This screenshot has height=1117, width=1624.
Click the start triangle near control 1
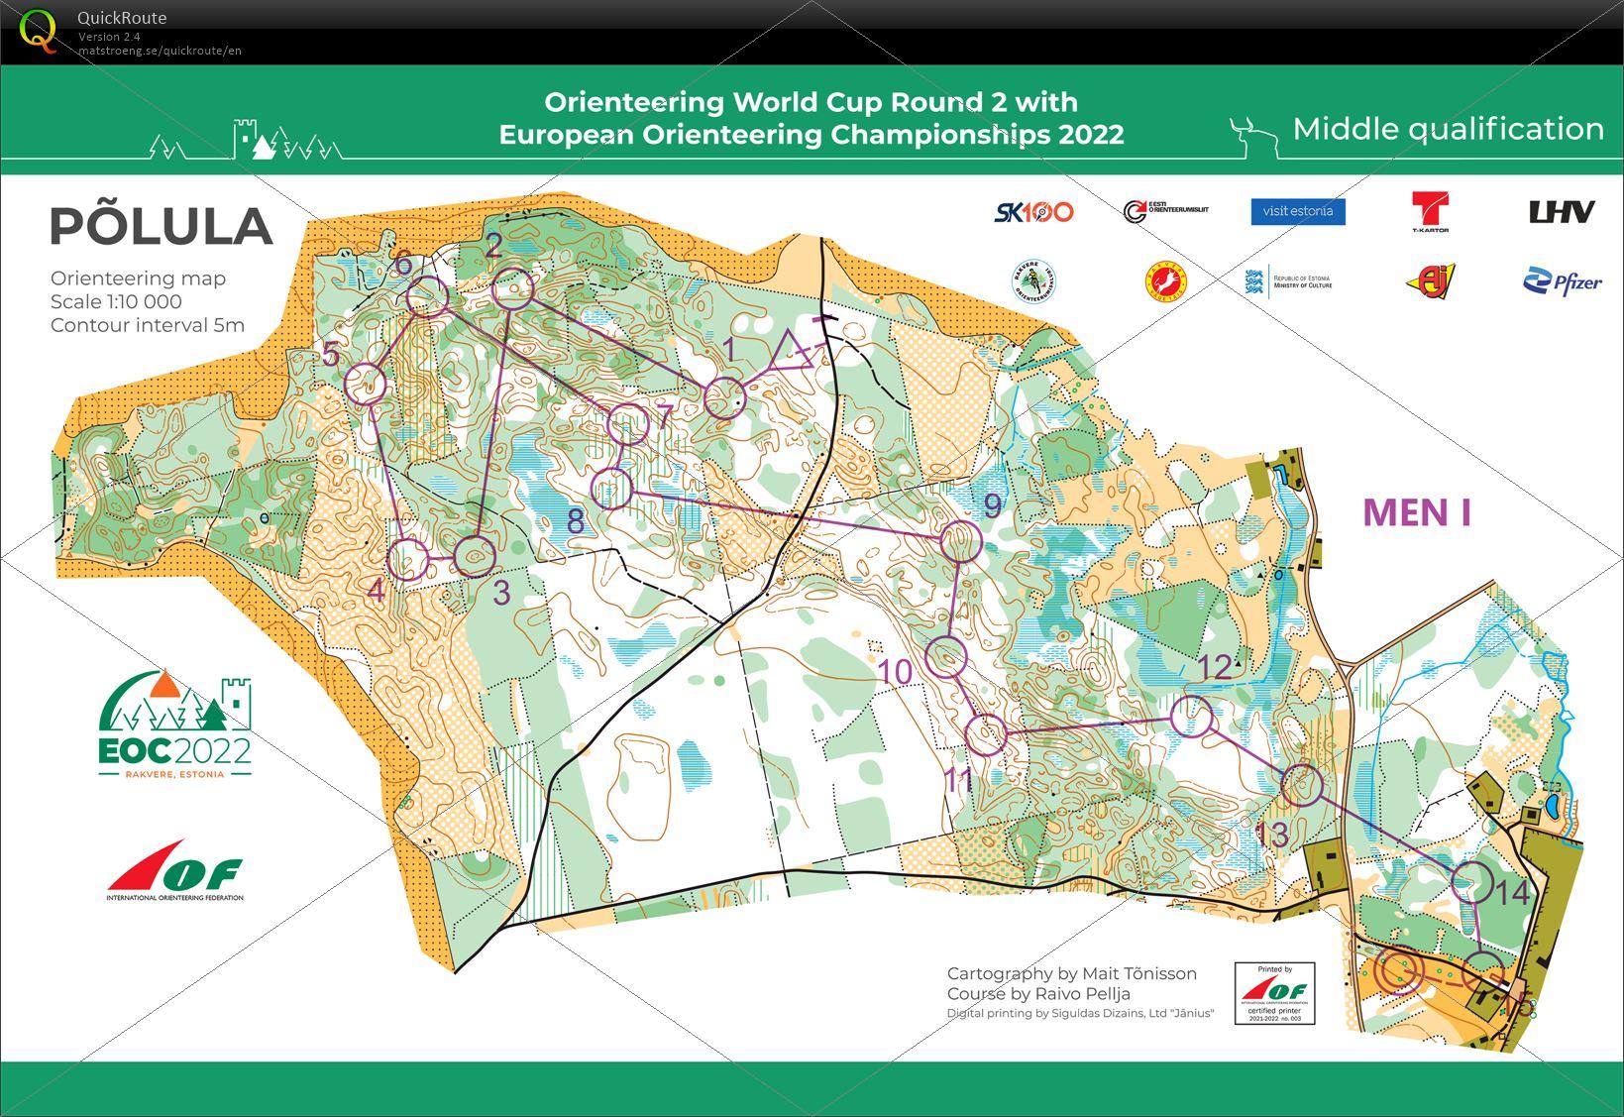click(x=792, y=353)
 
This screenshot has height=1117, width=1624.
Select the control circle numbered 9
click(x=960, y=542)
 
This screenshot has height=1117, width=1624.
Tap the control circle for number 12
click(x=1191, y=716)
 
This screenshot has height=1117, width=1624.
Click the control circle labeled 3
click(x=475, y=557)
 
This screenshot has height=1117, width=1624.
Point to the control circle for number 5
click(x=366, y=384)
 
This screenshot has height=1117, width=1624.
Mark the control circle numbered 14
click(x=1471, y=880)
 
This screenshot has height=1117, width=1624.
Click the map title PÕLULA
click(x=161, y=227)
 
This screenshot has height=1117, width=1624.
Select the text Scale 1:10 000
click(x=116, y=302)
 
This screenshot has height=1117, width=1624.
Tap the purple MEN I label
click(x=1416, y=512)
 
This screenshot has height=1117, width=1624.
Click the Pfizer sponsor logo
click(x=1562, y=282)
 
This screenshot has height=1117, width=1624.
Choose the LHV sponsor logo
click(x=1562, y=211)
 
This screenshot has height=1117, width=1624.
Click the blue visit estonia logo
click(x=1297, y=211)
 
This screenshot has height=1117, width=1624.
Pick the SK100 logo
click(x=1033, y=211)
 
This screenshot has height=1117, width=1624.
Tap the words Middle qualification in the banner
click(x=1448, y=129)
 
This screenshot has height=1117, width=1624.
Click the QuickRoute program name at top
click(x=122, y=17)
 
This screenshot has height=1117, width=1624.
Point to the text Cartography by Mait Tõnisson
click(x=1071, y=973)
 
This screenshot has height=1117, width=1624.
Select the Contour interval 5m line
click(x=148, y=325)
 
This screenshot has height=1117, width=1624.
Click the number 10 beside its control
click(x=895, y=672)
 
